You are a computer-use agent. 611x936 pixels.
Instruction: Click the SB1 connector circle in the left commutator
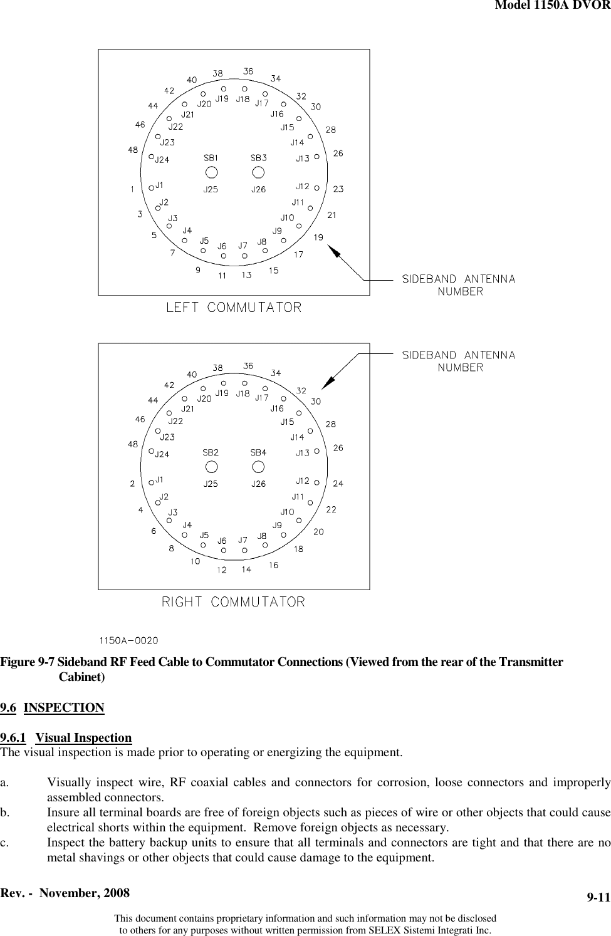pos(212,172)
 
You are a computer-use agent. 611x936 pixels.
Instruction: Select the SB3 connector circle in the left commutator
pos(258,172)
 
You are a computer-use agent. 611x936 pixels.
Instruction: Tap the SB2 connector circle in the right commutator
pos(212,466)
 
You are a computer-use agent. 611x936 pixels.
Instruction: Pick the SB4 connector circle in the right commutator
pos(258,466)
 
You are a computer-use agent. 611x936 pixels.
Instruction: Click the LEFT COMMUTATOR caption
pos(234,308)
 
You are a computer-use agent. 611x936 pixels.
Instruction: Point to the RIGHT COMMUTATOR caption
pos(234,602)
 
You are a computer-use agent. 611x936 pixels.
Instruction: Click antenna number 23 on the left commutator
pos(338,189)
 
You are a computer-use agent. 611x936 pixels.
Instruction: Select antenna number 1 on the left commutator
pos(132,189)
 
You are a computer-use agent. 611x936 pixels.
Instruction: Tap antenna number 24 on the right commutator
pos(338,483)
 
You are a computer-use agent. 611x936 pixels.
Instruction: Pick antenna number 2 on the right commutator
pos(132,483)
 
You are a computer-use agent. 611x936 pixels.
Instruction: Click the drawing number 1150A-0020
pos(128,640)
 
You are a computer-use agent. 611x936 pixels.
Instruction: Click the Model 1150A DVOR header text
pos(552,6)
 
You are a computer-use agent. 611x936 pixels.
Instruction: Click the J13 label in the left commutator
pos(303,159)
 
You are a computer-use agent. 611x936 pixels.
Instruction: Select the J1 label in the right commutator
pos(160,480)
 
